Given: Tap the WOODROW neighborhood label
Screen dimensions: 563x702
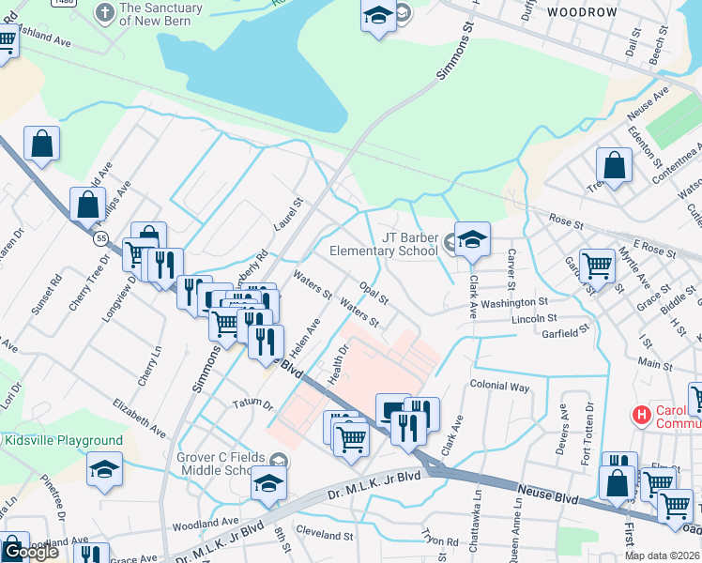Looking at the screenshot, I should click(x=582, y=12).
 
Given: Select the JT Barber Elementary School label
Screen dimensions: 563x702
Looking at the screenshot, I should click(x=383, y=244).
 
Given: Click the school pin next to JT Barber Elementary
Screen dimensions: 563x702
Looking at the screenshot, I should click(x=472, y=241).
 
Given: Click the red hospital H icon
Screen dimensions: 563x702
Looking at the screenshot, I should click(x=642, y=414).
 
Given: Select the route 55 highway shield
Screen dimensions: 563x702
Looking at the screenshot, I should click(x=99, y=239).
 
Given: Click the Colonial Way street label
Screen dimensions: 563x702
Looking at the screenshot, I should click(x=500, y=386).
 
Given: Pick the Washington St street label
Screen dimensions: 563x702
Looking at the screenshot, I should click(x=515, y=303).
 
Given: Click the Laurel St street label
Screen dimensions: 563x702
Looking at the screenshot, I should click(x=288, y=215).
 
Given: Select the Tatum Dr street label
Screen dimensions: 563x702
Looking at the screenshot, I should click(x=253, y=405).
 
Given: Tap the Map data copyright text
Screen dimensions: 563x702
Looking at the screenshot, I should click(x=663, y=555).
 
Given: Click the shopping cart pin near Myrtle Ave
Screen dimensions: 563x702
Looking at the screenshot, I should click(x=597, y=266).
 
